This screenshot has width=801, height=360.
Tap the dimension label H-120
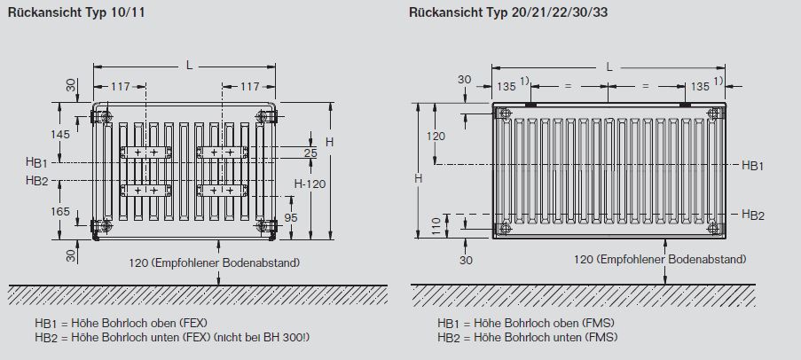[x=310, y=184]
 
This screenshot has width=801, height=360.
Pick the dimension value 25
[x=310, y=153]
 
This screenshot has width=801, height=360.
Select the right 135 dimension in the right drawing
[x=701, y=86]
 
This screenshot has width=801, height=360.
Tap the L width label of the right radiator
[x=609, y=66]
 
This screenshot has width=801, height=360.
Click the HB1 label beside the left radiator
[x=37, y=163]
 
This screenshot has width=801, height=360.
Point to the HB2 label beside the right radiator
[x=753, y=215]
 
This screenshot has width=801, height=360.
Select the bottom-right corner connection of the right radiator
[x=714, y=228]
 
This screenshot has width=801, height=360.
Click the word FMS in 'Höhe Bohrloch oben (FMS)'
[x=601, y=325]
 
